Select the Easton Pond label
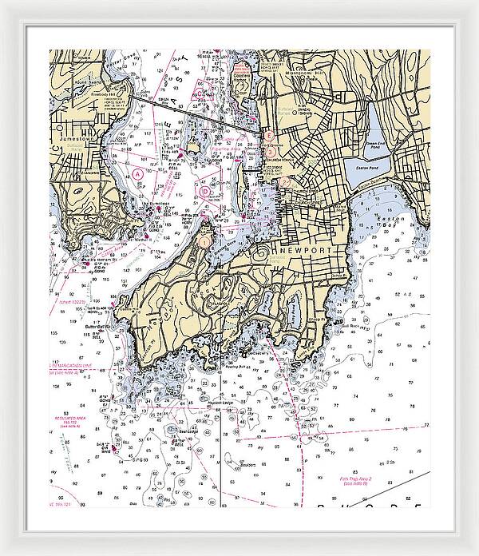click(x=364, y=170)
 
